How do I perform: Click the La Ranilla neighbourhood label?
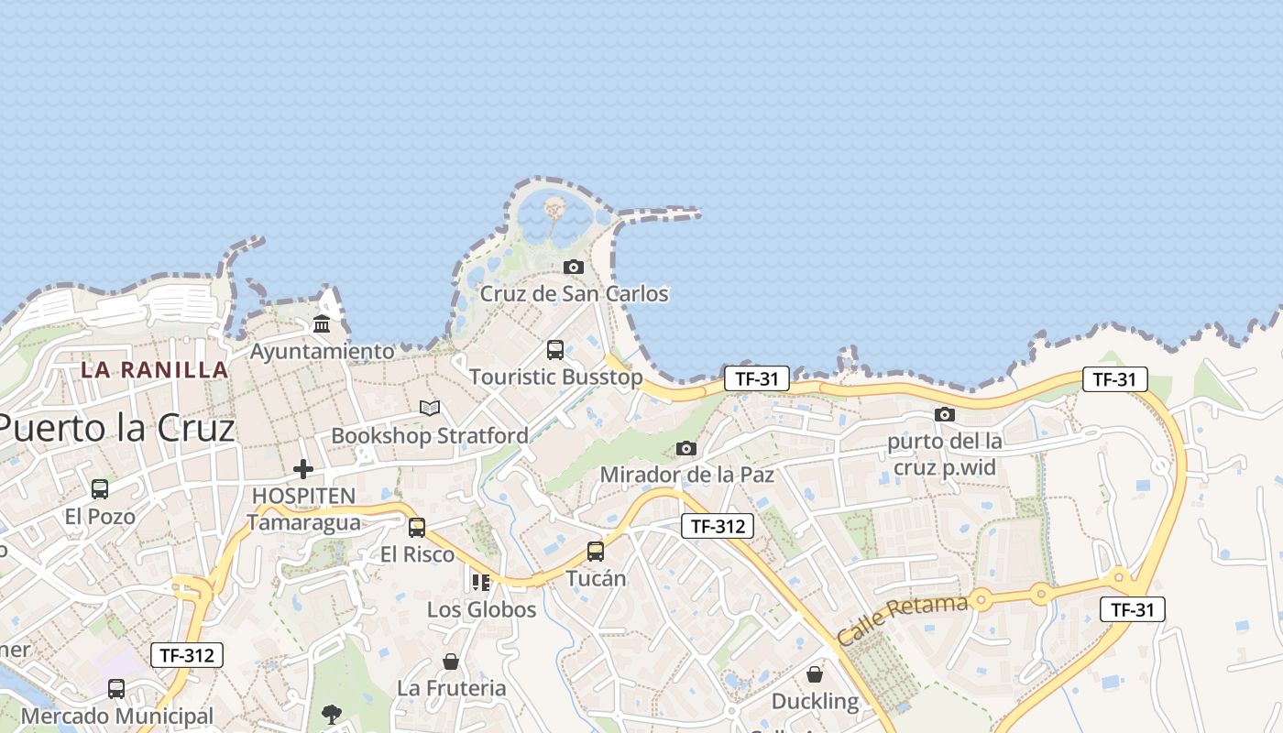coord(154,370)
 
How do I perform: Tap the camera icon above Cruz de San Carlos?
coord(574,267)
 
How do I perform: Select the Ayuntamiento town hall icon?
coord(322,323)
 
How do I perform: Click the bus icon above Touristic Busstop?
coord(555,349)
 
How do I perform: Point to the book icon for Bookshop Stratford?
coord(429,408)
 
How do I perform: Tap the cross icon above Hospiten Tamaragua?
coord(303,469)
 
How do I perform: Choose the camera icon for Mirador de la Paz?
coord(686,448)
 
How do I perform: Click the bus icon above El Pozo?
coord(100,489)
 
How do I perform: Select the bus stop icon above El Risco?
coord(417,527)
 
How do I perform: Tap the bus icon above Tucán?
coord(596,551)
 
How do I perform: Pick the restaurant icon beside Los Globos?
coord(481,582)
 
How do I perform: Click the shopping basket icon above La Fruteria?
coord(451,661)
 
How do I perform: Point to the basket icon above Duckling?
coord(815,674)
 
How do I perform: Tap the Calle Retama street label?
coord(902,619)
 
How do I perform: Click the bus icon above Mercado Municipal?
coord(116,688)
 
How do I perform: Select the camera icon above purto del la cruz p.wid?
coord(945,414)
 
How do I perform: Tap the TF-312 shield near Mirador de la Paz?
coord(718,526)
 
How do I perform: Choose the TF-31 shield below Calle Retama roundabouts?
coord(1133,609)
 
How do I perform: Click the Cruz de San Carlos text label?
coord(575,294)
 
